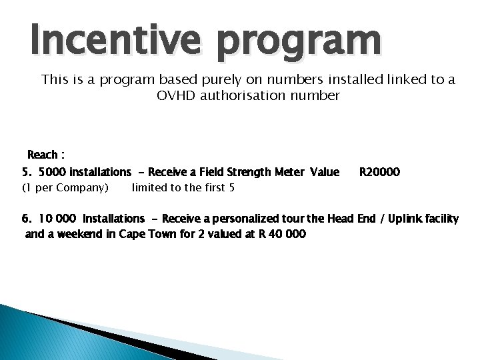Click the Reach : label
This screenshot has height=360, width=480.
pyautogui.click(x=45, y=155)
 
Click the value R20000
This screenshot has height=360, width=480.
pyautogui.click(x=379, y=172)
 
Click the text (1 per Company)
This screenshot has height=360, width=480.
pyautogui.click(x=65, y=187)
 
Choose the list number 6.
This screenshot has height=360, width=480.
pyautogui.click(x=27, y=219)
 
